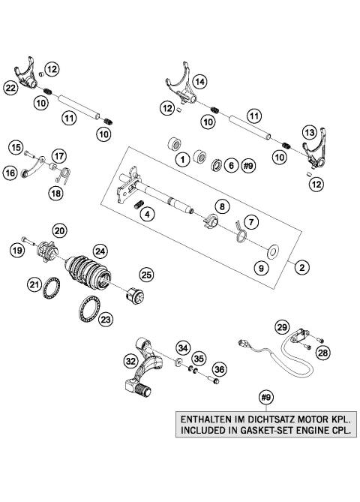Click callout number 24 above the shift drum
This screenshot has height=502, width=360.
[99, 251]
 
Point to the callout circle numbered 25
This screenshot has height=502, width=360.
[146, 275]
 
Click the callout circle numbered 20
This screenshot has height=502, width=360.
[59, 230]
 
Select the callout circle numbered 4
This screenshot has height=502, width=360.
[148, 215]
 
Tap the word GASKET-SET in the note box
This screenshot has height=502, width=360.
[265, 431]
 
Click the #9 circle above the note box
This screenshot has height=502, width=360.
[265, 397]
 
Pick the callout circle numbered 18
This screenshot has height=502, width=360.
[35, 193]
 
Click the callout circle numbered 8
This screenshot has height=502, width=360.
[222, 206]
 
